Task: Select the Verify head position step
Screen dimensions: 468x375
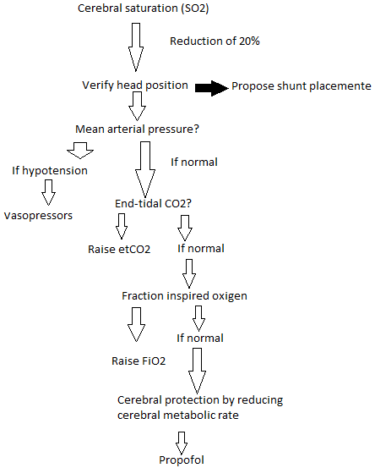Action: tap(134, 85)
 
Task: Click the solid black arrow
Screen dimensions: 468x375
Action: tap(210, 86)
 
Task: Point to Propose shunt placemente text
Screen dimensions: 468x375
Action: tap(301, 86)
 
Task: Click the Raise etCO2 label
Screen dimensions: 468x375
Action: tap(120, 250)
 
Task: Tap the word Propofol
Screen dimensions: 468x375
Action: tap(182, 460)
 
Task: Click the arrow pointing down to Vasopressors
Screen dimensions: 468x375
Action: tap(48, 193)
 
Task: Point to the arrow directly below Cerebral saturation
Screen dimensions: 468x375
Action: tap(134, 48)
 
